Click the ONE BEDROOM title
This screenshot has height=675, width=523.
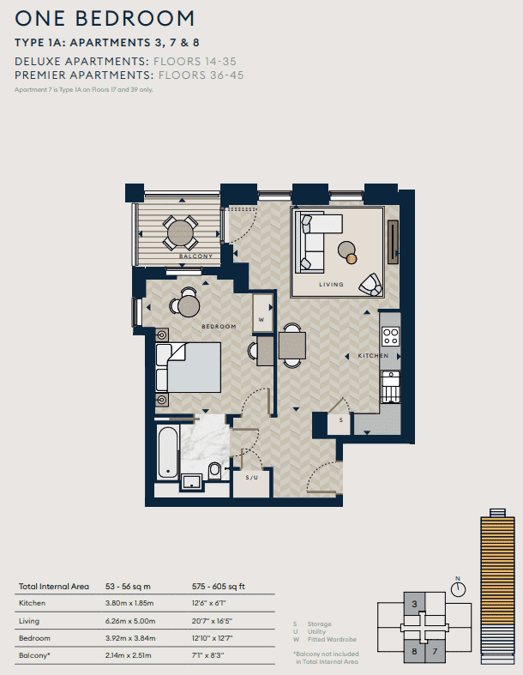[105, 18]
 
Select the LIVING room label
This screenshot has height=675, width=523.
[331, 285]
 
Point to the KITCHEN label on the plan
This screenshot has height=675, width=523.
[373, 355]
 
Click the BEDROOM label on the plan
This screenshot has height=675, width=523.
[219, 327]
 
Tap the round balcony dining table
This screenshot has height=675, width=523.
[180, 231]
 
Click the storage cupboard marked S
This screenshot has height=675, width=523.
[340, 420]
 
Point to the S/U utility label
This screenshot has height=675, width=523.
[252, 477]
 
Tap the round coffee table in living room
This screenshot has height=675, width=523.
[346, 250]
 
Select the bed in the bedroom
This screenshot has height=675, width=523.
[189, 367]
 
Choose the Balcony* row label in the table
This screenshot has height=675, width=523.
[33, 655]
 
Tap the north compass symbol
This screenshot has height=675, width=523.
[459, 588]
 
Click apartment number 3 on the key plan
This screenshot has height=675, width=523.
[415, 605]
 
